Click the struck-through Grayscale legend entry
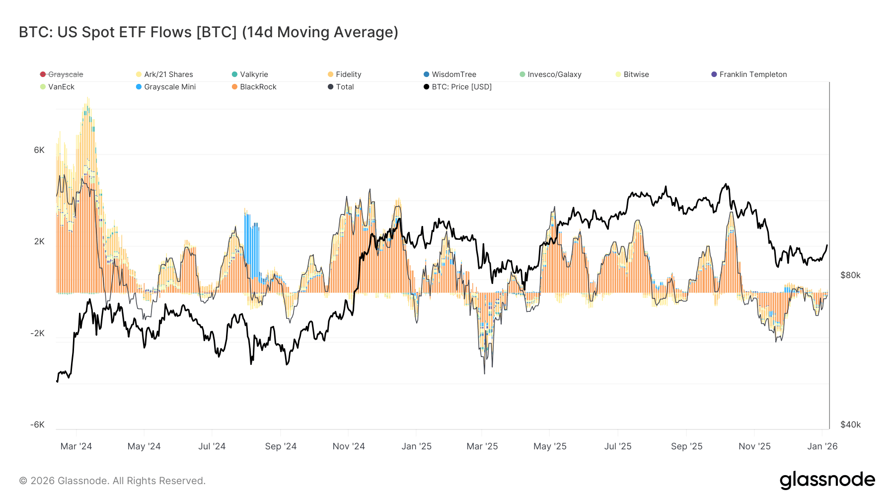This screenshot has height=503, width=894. tap(65, 74)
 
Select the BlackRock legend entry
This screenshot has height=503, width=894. tap(258, 87)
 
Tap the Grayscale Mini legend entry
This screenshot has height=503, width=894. tap(169, 87)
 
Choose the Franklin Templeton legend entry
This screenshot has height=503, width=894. tap(752, 74)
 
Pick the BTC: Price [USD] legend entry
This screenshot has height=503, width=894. tap(461, 87)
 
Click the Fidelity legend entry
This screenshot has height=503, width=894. tap(348, 74)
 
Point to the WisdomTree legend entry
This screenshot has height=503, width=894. tap(453, 74)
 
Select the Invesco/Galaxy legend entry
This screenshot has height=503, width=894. tap(554, 74)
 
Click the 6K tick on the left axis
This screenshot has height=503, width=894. tap(39, 150)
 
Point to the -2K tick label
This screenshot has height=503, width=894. tap(37, 333)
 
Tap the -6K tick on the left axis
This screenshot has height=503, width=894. tap(37, 425)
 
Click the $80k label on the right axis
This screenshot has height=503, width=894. tap(850, 275)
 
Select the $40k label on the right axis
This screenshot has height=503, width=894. tap(850, 425)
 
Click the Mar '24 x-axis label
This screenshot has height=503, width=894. tap(76, 446)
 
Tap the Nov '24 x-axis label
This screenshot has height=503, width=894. tap(349, 446)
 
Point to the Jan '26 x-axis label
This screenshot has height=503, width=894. tap(822, 446)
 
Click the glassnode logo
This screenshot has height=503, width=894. tap(827, 480)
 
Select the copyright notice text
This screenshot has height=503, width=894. tap(112, 481)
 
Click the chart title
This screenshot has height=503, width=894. tap(209, 32)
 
